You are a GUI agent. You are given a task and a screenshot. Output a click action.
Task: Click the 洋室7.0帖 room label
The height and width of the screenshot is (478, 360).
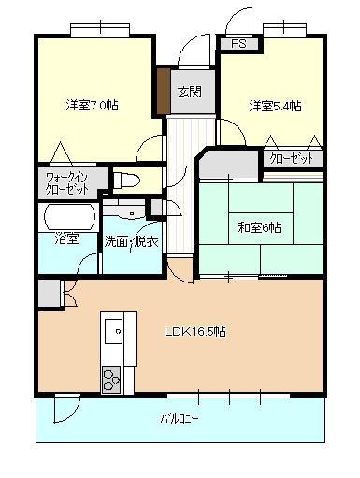92,105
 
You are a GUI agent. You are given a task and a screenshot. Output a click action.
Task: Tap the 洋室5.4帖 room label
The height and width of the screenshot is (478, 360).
275,106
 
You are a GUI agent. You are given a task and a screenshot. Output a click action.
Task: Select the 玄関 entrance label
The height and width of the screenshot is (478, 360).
189,92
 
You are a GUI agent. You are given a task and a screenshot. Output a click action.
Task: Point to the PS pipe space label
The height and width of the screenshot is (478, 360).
238,44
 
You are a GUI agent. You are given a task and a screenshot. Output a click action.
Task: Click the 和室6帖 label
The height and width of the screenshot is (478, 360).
259,227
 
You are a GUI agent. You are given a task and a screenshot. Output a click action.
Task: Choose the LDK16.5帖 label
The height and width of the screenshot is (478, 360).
195,331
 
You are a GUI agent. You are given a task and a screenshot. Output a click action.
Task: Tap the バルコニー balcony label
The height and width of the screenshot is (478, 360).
180,419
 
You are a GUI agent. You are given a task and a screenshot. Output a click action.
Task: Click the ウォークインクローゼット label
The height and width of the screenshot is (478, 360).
67,183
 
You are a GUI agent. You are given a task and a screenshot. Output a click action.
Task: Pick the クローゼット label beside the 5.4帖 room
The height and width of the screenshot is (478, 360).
291,159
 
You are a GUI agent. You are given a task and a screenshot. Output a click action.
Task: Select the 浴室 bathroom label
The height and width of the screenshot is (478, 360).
66,239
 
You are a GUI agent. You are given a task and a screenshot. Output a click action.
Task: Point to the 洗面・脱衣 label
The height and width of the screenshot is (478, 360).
131,241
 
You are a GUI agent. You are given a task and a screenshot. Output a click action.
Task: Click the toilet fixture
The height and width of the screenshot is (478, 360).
126,181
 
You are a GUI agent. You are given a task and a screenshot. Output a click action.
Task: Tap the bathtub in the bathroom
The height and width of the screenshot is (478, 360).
69,217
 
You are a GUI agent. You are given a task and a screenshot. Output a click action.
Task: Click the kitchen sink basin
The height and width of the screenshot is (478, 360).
113,331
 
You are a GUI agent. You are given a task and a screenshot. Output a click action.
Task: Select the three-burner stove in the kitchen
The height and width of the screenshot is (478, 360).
111,379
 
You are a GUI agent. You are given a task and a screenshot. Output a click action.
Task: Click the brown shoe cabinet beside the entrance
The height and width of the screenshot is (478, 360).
163,91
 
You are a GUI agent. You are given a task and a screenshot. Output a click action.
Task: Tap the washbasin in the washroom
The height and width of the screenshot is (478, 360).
124,211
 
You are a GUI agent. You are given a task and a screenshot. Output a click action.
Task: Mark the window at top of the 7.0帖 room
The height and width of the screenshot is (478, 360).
100,30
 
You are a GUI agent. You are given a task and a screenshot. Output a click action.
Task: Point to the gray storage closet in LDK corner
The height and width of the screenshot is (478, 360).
50,294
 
